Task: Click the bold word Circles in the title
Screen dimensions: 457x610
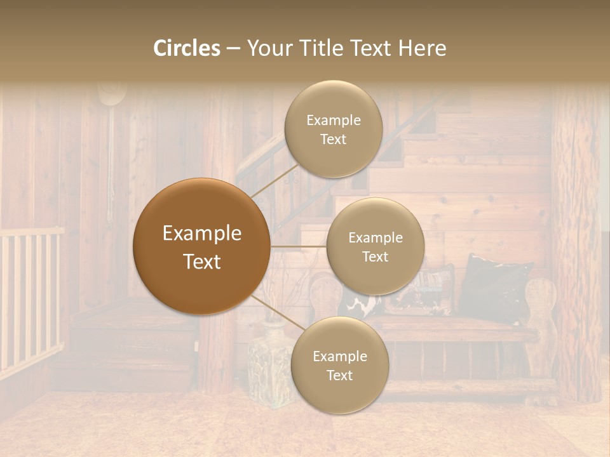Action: (x=187, y=48)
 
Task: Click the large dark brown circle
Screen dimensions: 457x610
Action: (x=201, y=246)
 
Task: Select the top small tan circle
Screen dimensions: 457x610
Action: (x=333, y=129)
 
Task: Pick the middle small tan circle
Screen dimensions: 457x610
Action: (x=375, y=246)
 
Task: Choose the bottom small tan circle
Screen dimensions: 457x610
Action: (x=339, y=365)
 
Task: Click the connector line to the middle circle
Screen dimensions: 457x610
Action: (x=298, y=246)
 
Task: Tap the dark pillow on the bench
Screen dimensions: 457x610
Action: (x=496, y=286)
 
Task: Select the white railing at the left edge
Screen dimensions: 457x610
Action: (x=29, y=298)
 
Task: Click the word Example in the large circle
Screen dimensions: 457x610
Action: (x=201, y=234)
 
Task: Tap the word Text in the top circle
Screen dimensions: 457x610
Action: (x=333, y=140)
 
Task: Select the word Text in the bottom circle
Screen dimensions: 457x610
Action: (x=339, y=376)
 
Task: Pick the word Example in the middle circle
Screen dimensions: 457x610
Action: (x=375, y=238)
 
